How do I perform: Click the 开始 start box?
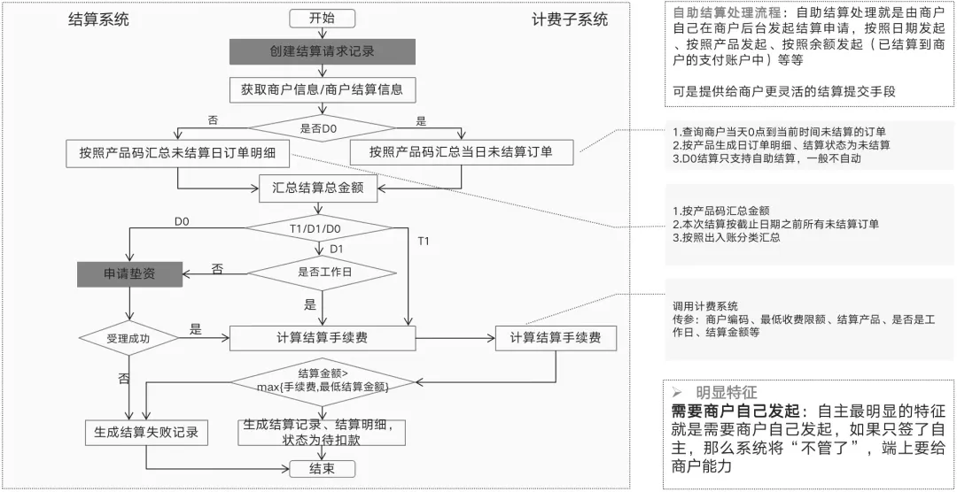coord(322,19)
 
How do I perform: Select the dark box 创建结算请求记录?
coord(322,51)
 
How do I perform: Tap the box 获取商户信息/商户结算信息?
coord(322,90)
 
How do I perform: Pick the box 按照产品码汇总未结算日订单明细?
coord(177,152)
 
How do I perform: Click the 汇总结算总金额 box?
coord(323,187)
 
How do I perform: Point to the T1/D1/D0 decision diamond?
coord(323,229)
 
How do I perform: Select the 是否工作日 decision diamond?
coord(323,272)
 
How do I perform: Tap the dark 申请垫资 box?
coord(129,273)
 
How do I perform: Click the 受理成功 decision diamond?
coord(129,337)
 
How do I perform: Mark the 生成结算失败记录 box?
coord(145,433)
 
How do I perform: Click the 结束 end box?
coord(322,468)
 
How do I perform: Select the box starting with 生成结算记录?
coord(322,433)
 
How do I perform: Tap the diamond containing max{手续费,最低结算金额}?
coord(322,381)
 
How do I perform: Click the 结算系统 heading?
coord(98,19)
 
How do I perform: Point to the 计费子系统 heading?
coord(570,19)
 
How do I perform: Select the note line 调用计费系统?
coord(705,305)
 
